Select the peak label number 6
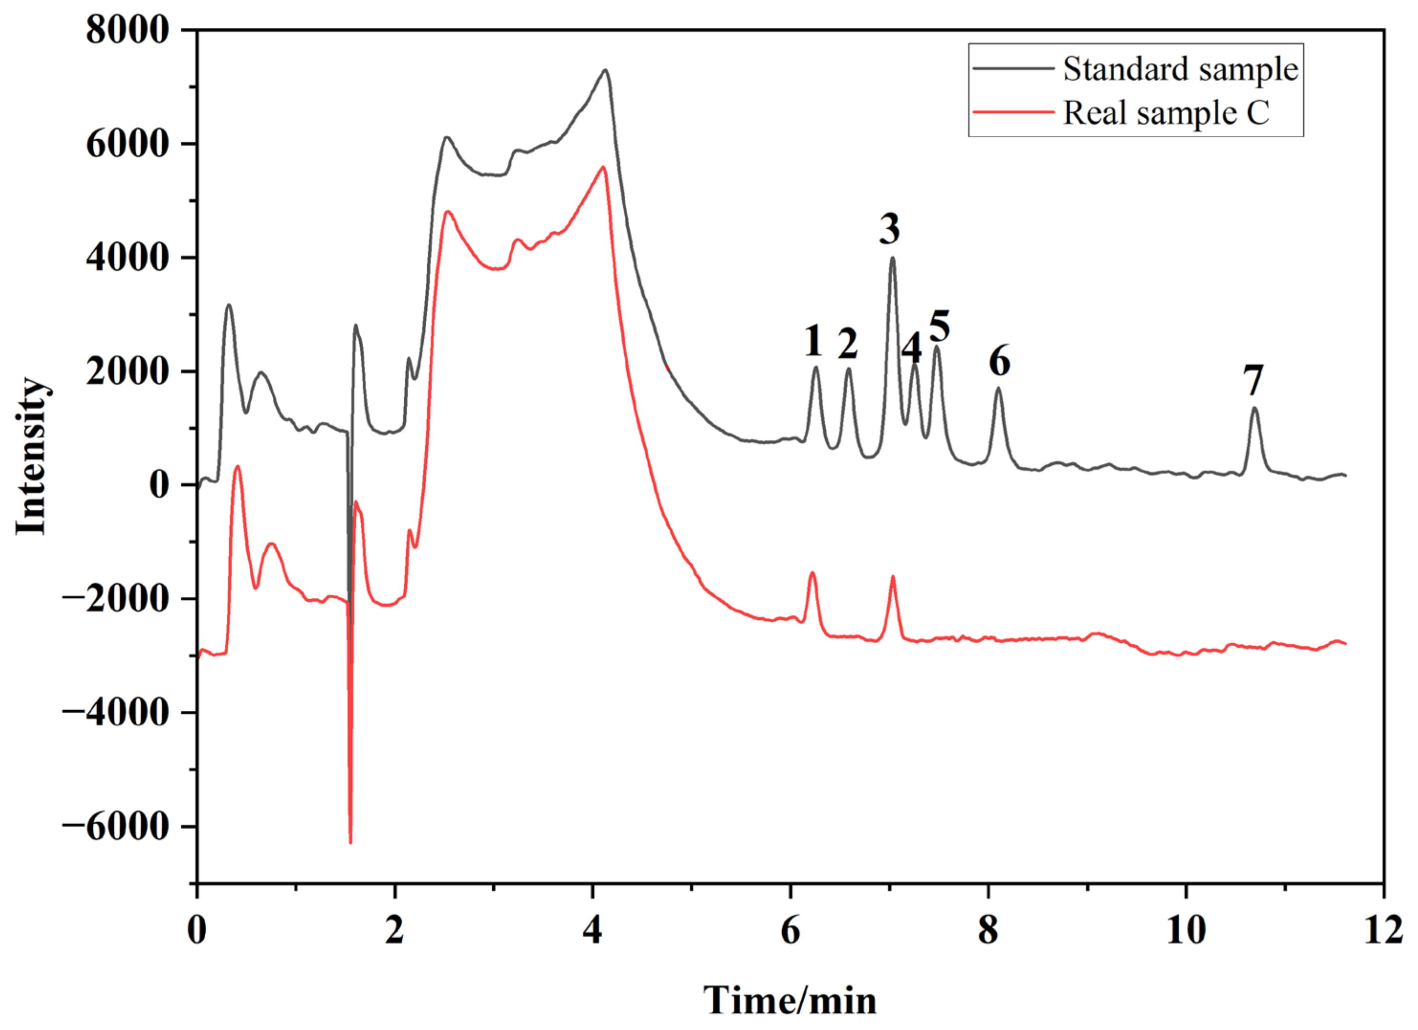coord(999,361)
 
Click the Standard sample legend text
coord(1180,69)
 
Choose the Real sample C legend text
coord(1167,113)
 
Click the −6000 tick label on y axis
coord(116,827)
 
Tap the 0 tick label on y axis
coord(159,485)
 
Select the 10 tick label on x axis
coord(1186,931)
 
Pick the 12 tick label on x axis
coord(1384,931)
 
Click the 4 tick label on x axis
coord(592,931)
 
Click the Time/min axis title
coord(790,999)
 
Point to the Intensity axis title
coord(31,456)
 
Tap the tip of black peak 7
coord(1253,408)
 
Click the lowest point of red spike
coord(350,843)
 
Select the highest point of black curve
coord(605,69)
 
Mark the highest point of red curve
coord(603,167)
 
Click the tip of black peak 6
coord(998,388)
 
